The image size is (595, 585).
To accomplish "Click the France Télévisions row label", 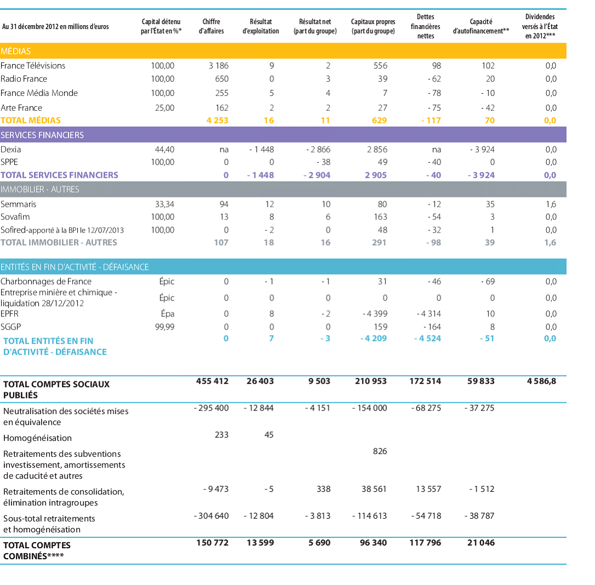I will tap(33, 66).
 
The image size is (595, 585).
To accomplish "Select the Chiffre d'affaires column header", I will tap(211, 26).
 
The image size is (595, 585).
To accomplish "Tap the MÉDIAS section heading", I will tap(16, 51).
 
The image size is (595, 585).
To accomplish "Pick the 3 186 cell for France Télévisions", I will tap(218, 66).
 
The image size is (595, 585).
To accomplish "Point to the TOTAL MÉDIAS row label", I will tap(31, 120).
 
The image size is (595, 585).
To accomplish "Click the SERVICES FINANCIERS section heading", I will tap(42, 135).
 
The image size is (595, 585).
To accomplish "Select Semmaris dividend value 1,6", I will tap(551, 204).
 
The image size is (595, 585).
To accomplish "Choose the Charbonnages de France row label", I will tap(46, 281).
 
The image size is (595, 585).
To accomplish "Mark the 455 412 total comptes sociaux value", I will tap(212, 381).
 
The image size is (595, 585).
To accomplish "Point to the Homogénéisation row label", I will tap(37, 438).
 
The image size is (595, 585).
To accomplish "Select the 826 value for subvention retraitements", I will tap(379, 451).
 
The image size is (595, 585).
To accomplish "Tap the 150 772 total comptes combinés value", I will tap(212, 543).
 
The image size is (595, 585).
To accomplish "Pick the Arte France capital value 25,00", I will tap(165, 108).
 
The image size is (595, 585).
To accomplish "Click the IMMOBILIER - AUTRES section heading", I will tap(40, 189).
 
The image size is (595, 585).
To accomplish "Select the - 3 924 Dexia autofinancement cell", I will tap(482, 149).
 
